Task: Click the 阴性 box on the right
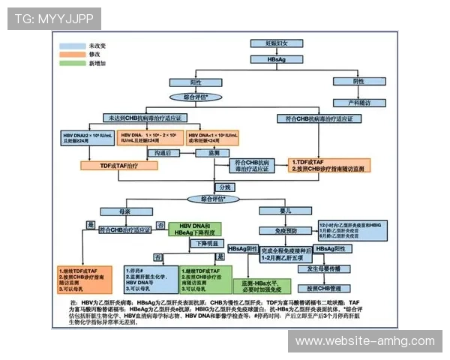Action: click(358, 81)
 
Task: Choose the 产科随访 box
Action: click(358, 102)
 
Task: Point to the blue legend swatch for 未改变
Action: click(73, 46)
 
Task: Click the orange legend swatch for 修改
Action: click(73, 55)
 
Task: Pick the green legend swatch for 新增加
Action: click(73, 64)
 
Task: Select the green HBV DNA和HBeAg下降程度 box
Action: click(200, 229)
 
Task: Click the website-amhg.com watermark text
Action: click(364, 341)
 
